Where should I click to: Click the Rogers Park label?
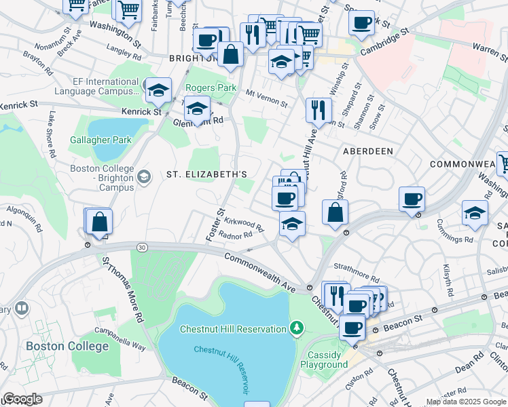(211, 88)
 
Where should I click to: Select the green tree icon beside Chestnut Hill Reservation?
(296, 329)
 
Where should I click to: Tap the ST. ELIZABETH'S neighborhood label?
(206, 174)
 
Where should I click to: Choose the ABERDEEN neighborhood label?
(369, 151)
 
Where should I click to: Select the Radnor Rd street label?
(236, 235)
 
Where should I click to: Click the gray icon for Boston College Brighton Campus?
(143, 177)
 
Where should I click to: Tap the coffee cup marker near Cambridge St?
(361, 22)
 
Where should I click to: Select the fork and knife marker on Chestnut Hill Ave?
(318, 109)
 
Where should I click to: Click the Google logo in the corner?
(22, 398)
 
